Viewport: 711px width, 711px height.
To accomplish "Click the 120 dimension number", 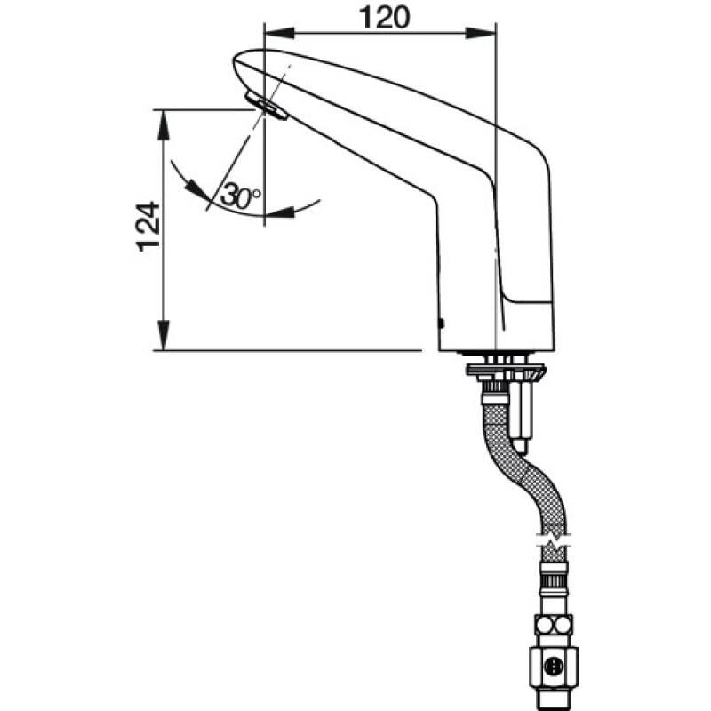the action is (x=385, y=18).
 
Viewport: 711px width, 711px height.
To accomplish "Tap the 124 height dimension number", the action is (x=148, y=227).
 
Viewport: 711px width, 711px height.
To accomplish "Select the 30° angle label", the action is (x=241, y=196).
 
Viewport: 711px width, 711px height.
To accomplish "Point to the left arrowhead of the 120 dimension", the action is (x=279, y=33).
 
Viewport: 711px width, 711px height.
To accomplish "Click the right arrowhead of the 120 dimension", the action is (x=481, y=33).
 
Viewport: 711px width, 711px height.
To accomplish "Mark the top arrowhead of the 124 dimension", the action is (x=164, y=124).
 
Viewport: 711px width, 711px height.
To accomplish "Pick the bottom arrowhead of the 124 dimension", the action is (x=164, y=335).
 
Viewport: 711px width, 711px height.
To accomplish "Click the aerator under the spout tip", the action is (x=266, y=106).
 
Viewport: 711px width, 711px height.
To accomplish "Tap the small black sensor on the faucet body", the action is (x=442, y=324).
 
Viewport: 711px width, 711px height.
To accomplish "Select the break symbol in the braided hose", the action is (x=553, y=541).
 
